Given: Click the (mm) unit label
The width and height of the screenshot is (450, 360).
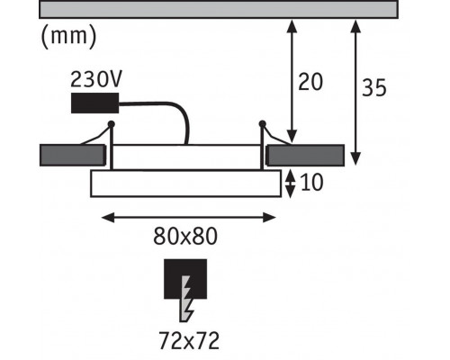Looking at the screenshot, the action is coord(68,37).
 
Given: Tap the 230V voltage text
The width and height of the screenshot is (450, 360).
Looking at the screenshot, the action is coord(96,79).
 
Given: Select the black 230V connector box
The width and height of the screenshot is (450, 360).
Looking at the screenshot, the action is coord(94,103).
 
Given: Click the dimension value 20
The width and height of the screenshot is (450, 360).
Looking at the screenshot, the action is coord(310,82).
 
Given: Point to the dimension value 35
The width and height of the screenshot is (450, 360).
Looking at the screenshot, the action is coord(373,87).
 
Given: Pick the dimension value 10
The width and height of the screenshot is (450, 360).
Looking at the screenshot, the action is coord(311,183).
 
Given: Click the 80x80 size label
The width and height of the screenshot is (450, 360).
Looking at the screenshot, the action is coord(185,237).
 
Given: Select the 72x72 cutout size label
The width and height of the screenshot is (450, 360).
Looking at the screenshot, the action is coord(189,340).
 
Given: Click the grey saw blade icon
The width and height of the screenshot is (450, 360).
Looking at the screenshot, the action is coord(185,299).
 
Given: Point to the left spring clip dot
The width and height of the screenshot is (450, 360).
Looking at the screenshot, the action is coord(111,123).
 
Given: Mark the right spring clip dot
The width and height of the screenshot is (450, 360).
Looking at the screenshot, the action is coord(262,123).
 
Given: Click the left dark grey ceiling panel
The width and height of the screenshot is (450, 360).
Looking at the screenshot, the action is coord(73,156).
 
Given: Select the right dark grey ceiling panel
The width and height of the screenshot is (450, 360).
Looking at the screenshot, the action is coord(305,156).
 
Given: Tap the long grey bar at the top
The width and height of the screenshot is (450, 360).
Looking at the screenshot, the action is coord(219,9).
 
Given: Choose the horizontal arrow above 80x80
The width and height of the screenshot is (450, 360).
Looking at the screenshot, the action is coord(188,218).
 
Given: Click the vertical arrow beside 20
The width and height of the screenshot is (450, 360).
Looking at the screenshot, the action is coord(292,82).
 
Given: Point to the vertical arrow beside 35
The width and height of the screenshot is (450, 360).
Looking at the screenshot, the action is coord(355,93).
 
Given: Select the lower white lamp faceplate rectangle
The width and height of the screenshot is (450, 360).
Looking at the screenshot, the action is coord(186,184).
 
